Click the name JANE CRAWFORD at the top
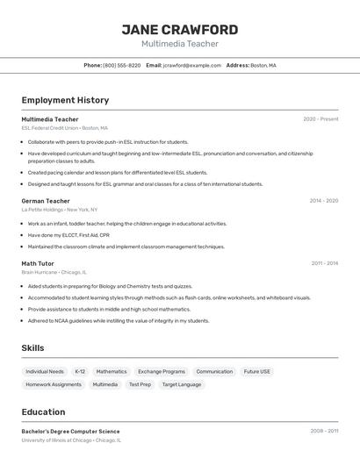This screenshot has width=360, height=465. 179,29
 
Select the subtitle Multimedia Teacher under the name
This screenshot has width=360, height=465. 179,44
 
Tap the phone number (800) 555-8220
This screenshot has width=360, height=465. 121,66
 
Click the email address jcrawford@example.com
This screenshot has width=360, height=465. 192,66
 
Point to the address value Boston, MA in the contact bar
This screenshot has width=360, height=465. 263,66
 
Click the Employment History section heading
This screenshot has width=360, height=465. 65,100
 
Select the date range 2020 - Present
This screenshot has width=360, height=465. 320,119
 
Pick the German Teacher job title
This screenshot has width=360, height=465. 46,201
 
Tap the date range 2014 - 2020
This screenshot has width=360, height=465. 323,201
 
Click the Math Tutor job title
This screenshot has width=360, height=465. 38,263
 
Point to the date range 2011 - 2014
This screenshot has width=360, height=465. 324,263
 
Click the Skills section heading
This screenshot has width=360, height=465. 32,348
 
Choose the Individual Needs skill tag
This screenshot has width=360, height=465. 45,372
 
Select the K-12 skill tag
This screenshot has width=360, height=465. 80,372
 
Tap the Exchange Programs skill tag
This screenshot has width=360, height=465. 162,372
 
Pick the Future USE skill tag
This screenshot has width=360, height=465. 257,372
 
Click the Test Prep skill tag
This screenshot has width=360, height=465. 140,384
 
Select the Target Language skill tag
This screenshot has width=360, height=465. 182,384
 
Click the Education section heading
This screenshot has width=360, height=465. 43,412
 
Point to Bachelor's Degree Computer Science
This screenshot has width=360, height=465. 70,432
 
